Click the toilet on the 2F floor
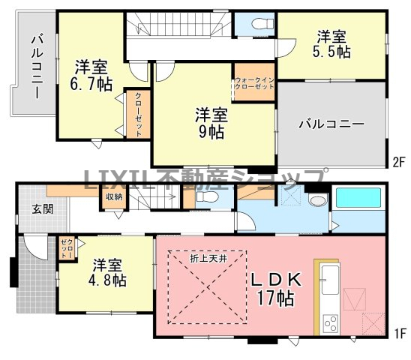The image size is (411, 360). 262,23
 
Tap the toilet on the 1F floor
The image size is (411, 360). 207,196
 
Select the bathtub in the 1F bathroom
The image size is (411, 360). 358,197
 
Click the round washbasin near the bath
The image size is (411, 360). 318,200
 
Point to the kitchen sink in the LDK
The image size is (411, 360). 330,280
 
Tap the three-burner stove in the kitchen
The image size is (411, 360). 331,323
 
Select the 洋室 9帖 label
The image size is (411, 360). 211,123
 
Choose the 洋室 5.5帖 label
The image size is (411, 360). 331,43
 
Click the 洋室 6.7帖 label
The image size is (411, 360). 91,75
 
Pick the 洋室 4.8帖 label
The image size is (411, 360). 107,273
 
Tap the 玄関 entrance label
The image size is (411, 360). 43,209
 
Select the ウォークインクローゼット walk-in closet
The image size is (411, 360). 254,81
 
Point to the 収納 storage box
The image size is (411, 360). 114,196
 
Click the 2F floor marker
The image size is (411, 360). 399,162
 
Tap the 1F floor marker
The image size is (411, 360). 400,334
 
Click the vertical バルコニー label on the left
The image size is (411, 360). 37,67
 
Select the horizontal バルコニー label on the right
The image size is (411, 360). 331,124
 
